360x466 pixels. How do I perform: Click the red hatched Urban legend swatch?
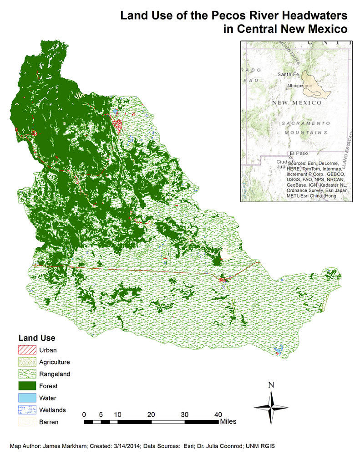tap(27, 351)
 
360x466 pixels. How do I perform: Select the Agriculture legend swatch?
tap(27, 363)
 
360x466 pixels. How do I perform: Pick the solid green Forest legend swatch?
tap(27, 386)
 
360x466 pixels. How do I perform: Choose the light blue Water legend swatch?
tap(27, 398)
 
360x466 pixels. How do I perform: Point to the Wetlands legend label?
tap(53, 410)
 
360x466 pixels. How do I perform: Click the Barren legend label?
tap(49, 422)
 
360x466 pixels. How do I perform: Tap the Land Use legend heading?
tap(36, 338)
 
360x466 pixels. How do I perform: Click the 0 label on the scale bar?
tap(84, 415)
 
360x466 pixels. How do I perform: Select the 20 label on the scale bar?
tap(151, 415)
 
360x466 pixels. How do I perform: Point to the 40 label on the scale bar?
tap(218, 415)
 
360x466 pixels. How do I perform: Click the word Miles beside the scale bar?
tap(228, 422)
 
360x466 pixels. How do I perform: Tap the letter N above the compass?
tap(271, 384)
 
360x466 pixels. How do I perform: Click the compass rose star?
tap(271, 406)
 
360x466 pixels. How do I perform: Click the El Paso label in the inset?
tap(298, 154)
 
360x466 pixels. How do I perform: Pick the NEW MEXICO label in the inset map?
tap(297, 103)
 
